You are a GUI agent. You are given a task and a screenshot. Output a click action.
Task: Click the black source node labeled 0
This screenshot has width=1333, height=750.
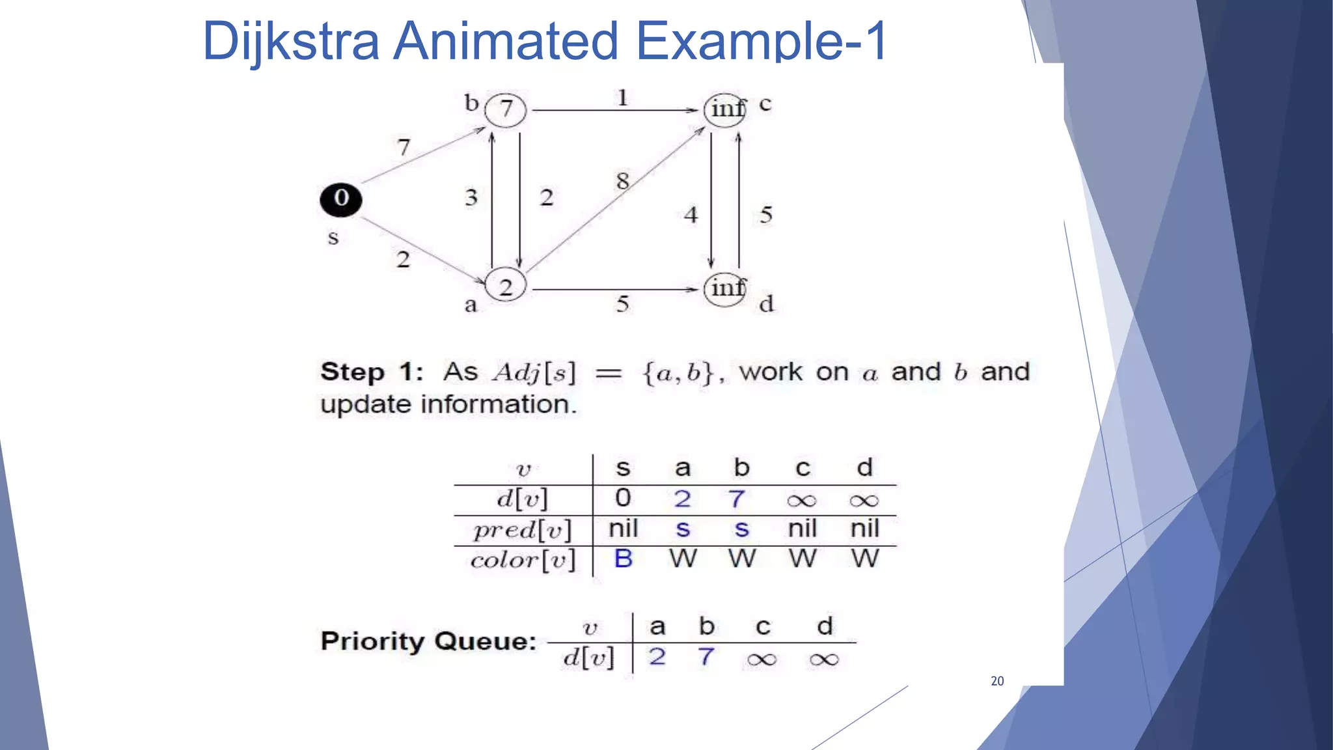[x=340, y=199]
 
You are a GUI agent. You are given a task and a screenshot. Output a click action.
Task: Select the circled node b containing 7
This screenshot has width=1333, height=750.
[x=506, y=109]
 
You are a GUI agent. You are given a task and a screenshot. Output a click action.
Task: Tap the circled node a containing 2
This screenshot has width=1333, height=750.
[x=506, y=286]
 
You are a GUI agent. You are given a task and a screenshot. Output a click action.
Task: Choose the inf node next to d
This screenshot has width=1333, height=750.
[x=725, y=288]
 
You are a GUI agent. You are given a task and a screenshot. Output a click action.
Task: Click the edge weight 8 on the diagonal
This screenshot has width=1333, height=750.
[x=623, y=181]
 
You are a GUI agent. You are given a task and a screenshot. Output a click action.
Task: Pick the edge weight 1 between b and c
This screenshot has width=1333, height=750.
[x=623, y=98]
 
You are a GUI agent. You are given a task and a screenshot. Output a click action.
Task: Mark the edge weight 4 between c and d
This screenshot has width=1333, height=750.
[x=691, y=215]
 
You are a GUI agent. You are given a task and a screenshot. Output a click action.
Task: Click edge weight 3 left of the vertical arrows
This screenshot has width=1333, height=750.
[x=471, y=197]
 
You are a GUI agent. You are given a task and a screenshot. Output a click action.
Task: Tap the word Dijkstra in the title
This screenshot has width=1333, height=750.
[x=290, y=40]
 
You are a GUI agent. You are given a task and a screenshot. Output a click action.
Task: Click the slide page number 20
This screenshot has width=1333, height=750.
[x=997, y=681]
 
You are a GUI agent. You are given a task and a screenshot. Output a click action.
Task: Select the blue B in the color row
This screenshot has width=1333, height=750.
[x=623, y=559]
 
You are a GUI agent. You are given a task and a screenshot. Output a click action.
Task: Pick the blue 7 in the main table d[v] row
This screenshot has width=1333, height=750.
[x=737, y=499]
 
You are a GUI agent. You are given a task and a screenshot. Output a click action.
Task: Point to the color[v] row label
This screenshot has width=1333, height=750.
[x=523, y=560]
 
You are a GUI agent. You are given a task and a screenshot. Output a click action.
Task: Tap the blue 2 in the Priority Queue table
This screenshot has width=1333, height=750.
[x=657, y=657]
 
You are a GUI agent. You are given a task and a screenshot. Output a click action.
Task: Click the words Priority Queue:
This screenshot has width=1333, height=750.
[x=428, y=641]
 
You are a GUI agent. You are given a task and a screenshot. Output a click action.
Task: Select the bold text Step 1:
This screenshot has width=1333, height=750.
[x=372, y=372]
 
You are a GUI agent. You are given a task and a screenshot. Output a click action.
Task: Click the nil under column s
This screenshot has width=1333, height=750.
[x=623, y=529]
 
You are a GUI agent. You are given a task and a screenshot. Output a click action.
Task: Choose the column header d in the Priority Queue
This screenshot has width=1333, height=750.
[x=825, y=626]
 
